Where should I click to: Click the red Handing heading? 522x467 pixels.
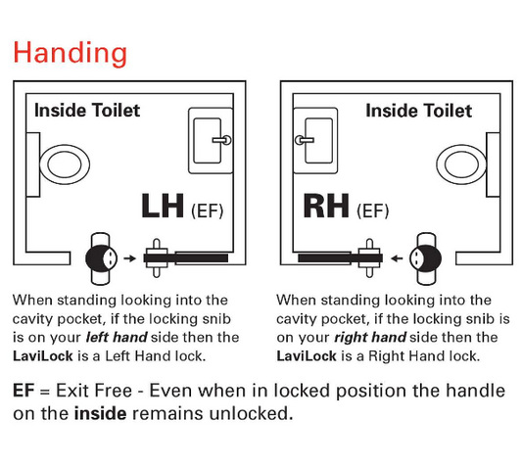[70, 51]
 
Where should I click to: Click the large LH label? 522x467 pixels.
[162, 207]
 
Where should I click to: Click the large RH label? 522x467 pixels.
[327, 207]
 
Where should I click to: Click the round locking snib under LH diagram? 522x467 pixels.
[100, 258]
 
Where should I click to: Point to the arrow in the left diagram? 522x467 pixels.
[131, 258]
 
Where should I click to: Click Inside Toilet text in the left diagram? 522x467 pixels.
[87, 110]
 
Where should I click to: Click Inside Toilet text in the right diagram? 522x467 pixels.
[418, 110]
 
